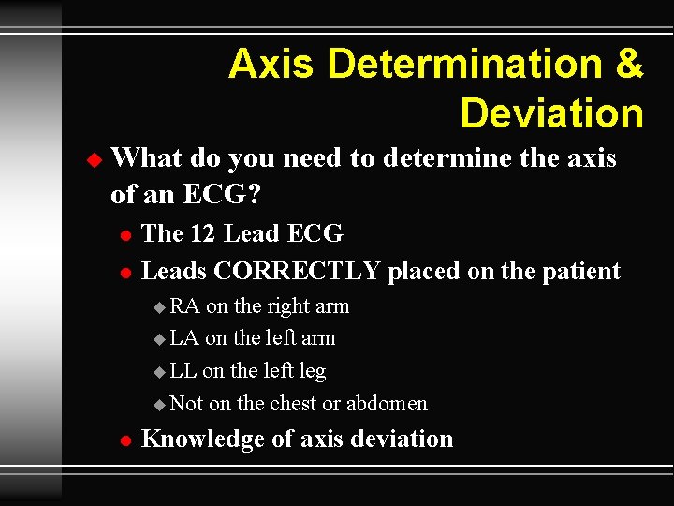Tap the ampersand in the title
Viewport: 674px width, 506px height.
point(628,65)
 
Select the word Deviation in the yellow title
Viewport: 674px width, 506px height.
point(551,113)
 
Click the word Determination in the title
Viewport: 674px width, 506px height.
point(467,65)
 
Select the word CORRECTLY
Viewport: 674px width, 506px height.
point(297,272)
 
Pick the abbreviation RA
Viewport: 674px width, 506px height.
point(185,306)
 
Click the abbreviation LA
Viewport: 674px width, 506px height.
point(184,338)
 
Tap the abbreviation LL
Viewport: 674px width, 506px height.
point(183,371)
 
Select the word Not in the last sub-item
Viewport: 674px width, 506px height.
point(186,404)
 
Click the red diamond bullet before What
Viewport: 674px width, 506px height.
point(91,160)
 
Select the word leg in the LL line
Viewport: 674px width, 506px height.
point(311,372)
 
